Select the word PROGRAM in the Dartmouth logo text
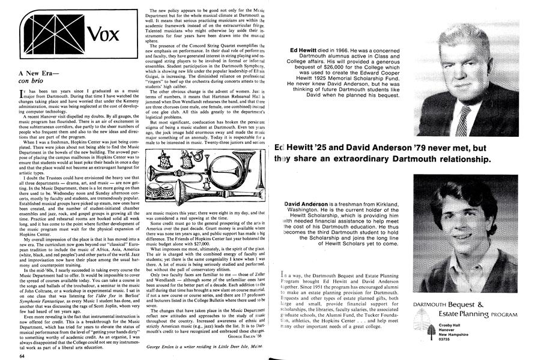tap(504, 314)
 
